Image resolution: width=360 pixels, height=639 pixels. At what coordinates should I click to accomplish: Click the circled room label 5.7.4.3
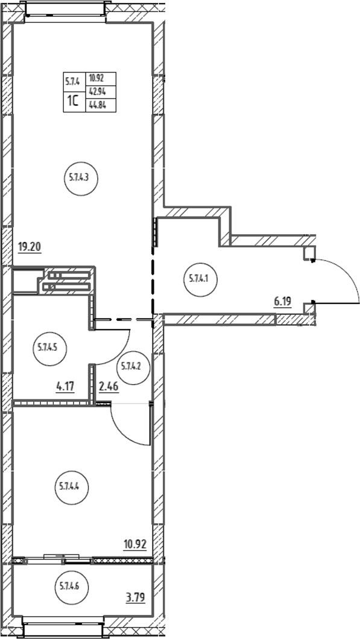(81, 177)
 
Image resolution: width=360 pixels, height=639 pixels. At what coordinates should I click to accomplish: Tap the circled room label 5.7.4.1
(200, 279)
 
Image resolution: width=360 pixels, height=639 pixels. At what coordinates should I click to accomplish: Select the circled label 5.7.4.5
(49, 348)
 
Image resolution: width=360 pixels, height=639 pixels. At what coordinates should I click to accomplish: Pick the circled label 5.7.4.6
(71, 588)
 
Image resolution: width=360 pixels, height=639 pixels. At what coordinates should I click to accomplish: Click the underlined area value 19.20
(30, 247)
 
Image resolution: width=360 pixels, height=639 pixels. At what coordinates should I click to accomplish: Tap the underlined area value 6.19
(283, 302)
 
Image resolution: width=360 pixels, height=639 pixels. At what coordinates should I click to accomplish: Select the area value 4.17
(65, 386)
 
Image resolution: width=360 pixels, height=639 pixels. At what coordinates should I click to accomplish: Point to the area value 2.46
(109, 386)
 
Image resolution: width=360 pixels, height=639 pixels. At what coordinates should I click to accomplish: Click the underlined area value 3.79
(135, 599)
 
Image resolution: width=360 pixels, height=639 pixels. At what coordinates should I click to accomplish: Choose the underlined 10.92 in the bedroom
(135, 544)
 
